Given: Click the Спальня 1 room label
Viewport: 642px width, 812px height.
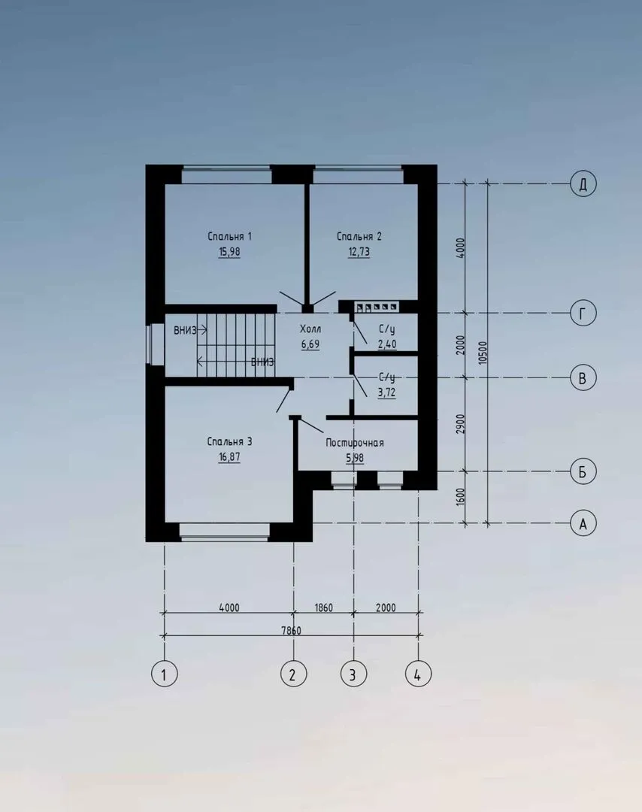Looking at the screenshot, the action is (229, 237).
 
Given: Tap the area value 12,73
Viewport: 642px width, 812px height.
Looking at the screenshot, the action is (359, 252).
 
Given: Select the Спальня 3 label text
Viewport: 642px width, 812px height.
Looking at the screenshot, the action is (229, 442).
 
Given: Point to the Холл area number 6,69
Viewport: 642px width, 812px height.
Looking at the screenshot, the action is (310, 344).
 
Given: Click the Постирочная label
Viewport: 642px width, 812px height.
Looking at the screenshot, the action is (355, 443).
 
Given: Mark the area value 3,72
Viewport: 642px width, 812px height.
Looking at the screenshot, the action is (386, 392).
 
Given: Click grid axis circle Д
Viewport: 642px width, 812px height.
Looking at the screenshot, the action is (583, 184).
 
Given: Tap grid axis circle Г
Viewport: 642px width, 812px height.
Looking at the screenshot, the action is (583, 314).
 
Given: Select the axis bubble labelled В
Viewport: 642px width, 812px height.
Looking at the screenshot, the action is (583, 377).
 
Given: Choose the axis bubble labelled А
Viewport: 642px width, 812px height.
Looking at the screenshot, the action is (583, 523).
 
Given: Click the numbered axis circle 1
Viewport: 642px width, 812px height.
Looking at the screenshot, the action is (164, 674).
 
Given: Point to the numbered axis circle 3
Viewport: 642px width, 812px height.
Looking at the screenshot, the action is (353, 674).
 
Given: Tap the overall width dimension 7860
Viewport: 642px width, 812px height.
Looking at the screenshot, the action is (291, 630).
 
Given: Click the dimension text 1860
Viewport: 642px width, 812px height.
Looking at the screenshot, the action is (323, 607).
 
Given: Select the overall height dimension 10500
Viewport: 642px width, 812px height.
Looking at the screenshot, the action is (483, 353).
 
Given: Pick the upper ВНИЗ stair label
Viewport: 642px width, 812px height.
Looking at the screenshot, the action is (185, 330).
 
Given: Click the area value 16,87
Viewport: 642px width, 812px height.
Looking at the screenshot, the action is (229, 457).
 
